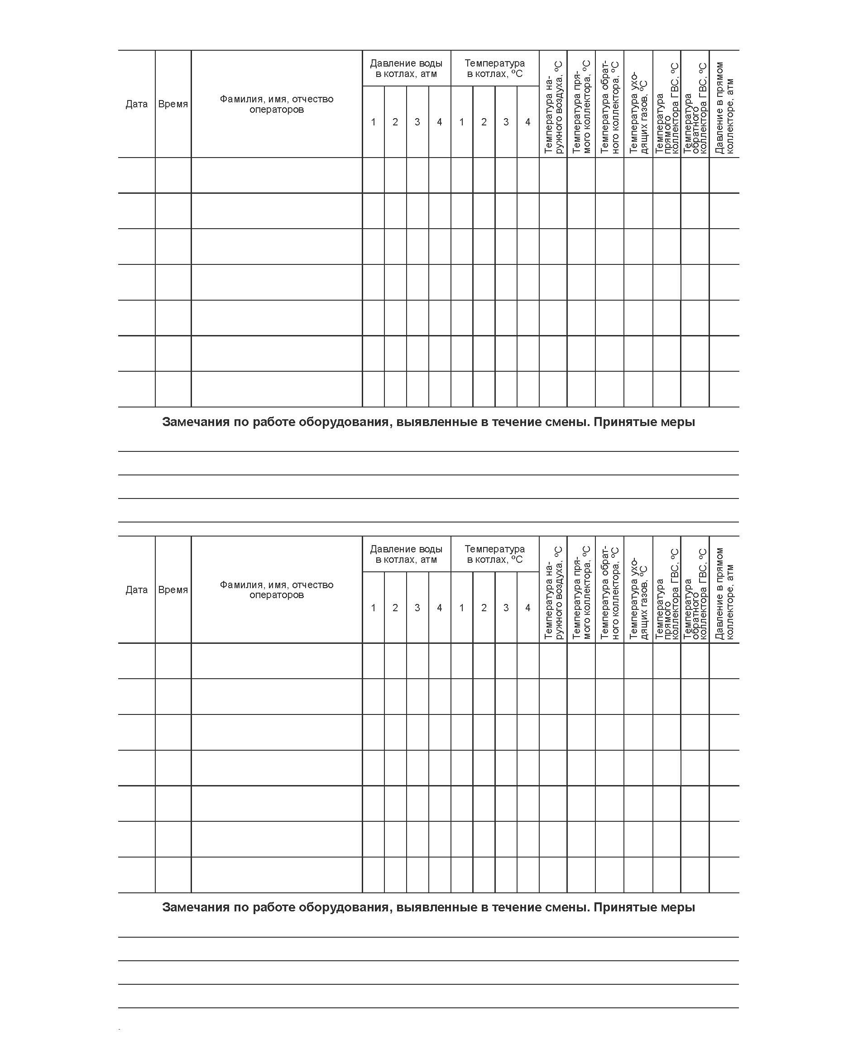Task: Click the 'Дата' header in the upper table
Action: tap(136, 104)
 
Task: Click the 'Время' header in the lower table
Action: tap(173, 589)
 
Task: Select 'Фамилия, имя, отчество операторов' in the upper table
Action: tap(276, 104)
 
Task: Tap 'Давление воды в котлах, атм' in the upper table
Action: tap(406, 69)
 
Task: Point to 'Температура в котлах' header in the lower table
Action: tap(495, 554)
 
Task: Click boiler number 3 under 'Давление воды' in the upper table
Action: tap(417, 122)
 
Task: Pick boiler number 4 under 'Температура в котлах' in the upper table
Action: tap(528, 122)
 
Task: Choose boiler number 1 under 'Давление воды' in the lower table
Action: tap(373, 608)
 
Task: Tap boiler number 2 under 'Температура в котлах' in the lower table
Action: tap(484, 608)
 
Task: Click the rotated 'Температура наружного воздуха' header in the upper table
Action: tap(553, 108)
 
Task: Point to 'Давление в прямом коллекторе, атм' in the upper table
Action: tap(724, 108)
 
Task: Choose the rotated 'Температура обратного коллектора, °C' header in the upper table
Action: tap(610, 108)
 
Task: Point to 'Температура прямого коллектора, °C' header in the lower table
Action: tap(581, 593)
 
